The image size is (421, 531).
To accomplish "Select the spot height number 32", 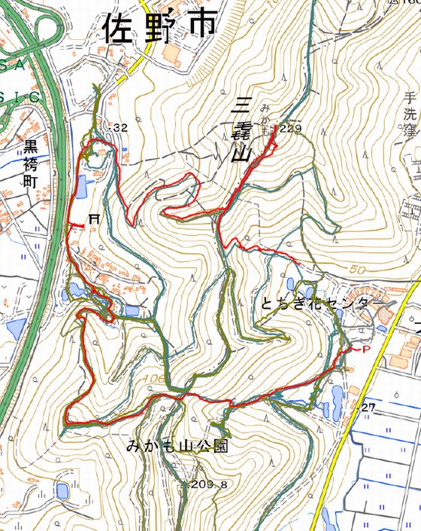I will coord(121,129).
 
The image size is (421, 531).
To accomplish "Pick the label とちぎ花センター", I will coord(315,304).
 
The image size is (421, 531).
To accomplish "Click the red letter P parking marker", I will coord(366,350).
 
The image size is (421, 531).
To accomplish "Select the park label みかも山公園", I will coord(177,447).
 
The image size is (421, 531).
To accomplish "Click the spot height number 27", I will coord(368,407).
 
